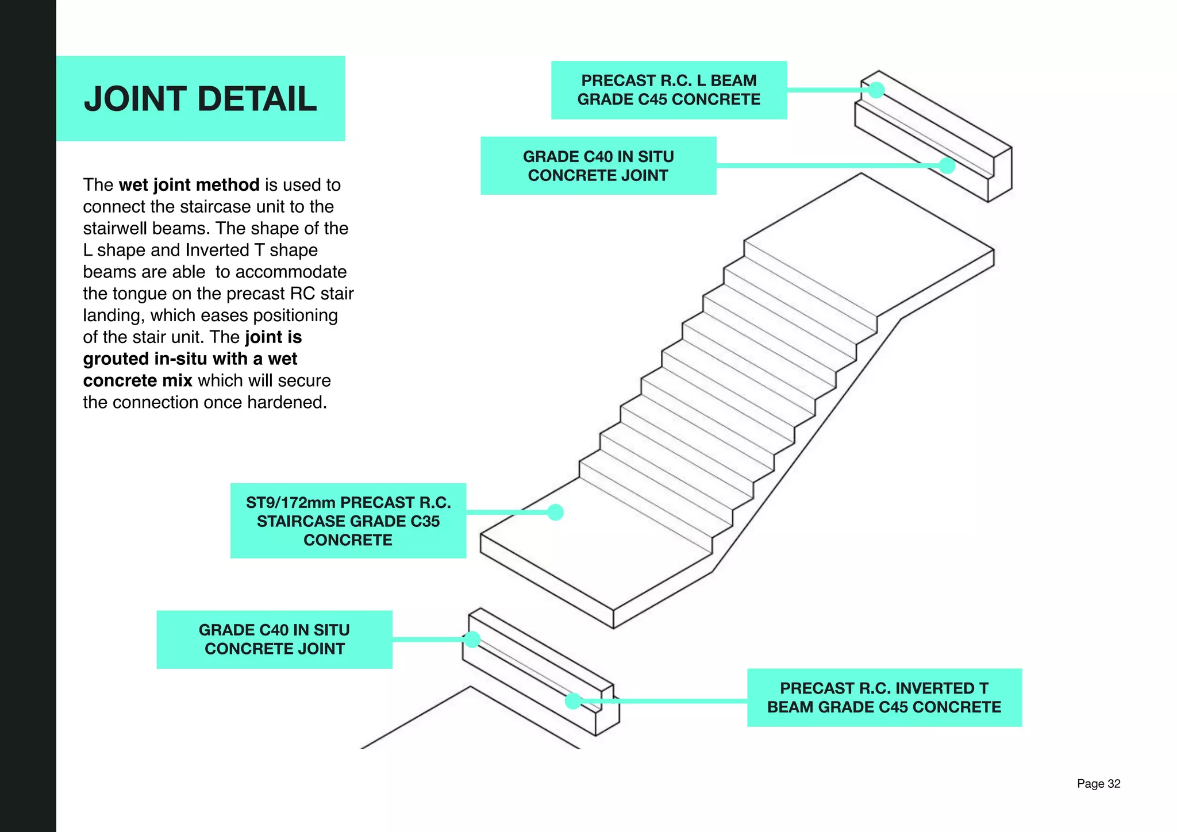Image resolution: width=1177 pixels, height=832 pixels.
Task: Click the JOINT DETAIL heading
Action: coord(200,99)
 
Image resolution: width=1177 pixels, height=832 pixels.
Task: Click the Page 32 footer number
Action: coord(1098,784)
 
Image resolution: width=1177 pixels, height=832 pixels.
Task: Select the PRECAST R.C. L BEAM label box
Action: coord(668,90)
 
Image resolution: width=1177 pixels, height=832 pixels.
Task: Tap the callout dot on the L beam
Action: coord(876,90)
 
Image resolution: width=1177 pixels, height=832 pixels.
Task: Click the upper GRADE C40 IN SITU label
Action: coord(598,165)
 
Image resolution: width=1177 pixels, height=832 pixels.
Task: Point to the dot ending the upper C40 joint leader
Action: coord(947,165)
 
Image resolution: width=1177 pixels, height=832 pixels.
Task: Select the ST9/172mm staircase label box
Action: coord(348,521)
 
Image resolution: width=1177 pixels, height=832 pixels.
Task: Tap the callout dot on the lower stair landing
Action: coord(555,512)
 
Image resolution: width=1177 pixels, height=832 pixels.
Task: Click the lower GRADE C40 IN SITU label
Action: coord(274,639)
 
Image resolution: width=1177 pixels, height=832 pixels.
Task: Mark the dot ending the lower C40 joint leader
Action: coord(472,639)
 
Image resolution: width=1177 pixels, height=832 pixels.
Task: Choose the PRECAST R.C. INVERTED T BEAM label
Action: coord(884,697)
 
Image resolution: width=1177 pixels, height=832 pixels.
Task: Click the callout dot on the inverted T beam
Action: coord(572,701)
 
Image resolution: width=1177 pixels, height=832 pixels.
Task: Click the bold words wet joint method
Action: coord(189,185)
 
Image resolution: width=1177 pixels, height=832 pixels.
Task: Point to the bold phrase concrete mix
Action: coord(137,380)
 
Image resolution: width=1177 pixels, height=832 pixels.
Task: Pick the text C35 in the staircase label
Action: coord(425,521)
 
